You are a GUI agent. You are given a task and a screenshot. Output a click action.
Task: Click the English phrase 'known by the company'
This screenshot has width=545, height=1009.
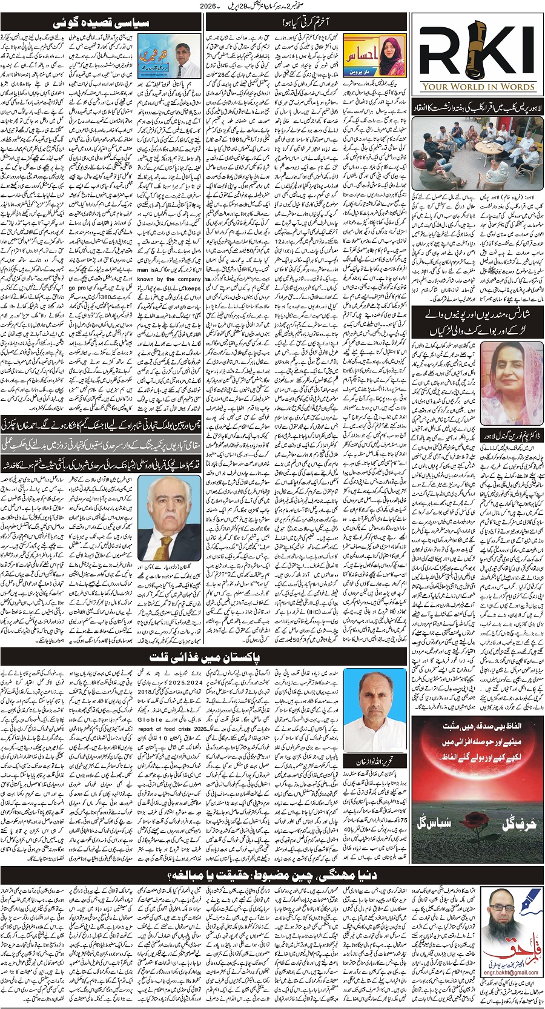[169, 279]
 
